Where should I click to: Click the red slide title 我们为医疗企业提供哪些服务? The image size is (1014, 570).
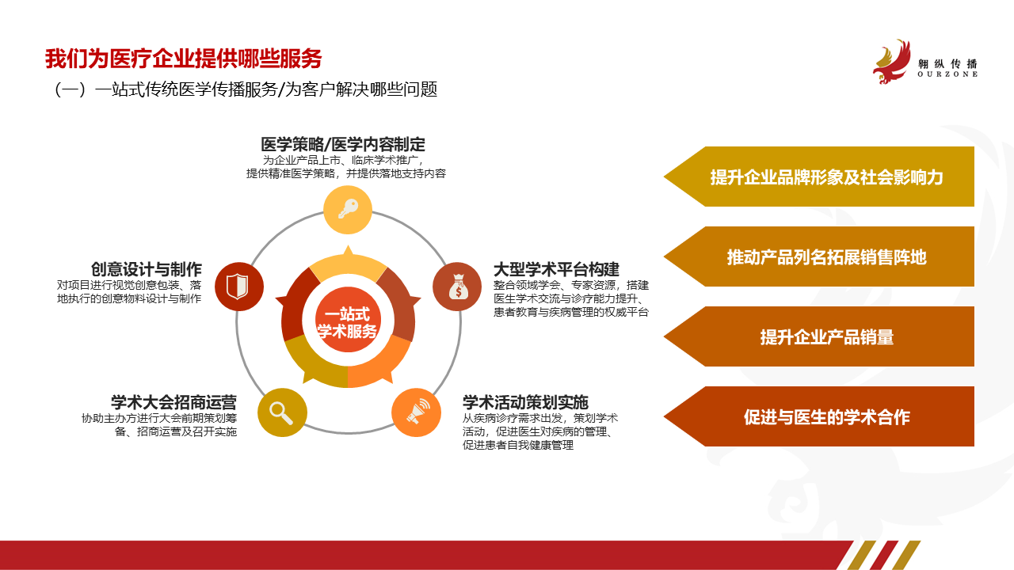pos(183,59)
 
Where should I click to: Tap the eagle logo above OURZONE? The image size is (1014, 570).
pos(892,62)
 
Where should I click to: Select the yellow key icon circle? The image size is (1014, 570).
pos(348,210)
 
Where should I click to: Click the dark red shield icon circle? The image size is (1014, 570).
pos(239,287)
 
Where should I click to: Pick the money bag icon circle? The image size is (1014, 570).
pos(457,287)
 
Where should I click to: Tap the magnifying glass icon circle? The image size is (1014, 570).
pos(283,412)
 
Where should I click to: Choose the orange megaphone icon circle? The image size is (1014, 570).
pos(416,412)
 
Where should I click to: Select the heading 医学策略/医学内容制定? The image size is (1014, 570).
pos(343,144)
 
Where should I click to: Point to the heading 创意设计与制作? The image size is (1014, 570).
pos(147,269)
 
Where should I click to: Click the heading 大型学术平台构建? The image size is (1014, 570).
pos(556,269)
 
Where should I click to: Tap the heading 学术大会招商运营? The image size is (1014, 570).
pos(173,402)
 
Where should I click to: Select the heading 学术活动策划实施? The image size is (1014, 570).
pos(525,402)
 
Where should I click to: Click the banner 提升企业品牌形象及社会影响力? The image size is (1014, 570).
pos(819,177)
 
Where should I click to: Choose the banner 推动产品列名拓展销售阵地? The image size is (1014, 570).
pos(819,256)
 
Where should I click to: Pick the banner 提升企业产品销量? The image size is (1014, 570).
pos(819,336)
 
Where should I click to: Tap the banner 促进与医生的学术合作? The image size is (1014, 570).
pos(819,416)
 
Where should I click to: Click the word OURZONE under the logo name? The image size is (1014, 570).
pos(947,74)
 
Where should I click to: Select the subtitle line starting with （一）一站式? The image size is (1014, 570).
pos(246,89)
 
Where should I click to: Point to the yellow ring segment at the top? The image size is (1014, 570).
pos(348,265)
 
